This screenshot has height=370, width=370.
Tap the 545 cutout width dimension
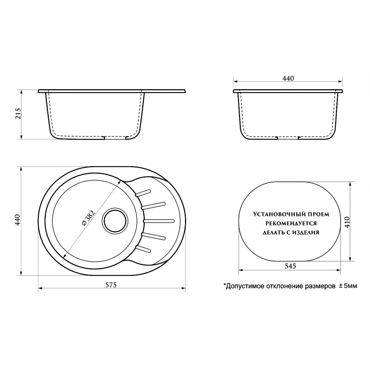[290, 266]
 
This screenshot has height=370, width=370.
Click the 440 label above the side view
[288, 79]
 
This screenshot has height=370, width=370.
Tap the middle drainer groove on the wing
[158, 220]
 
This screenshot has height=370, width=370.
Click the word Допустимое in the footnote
[243, 286]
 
